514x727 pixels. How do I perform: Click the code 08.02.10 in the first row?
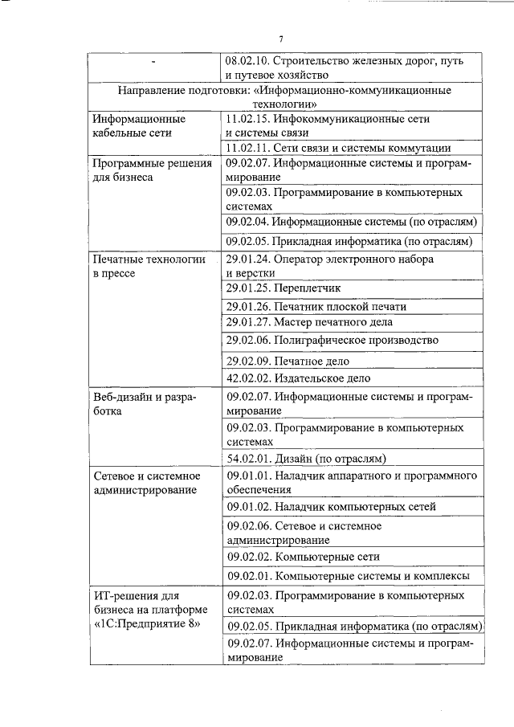click(247, 61)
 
